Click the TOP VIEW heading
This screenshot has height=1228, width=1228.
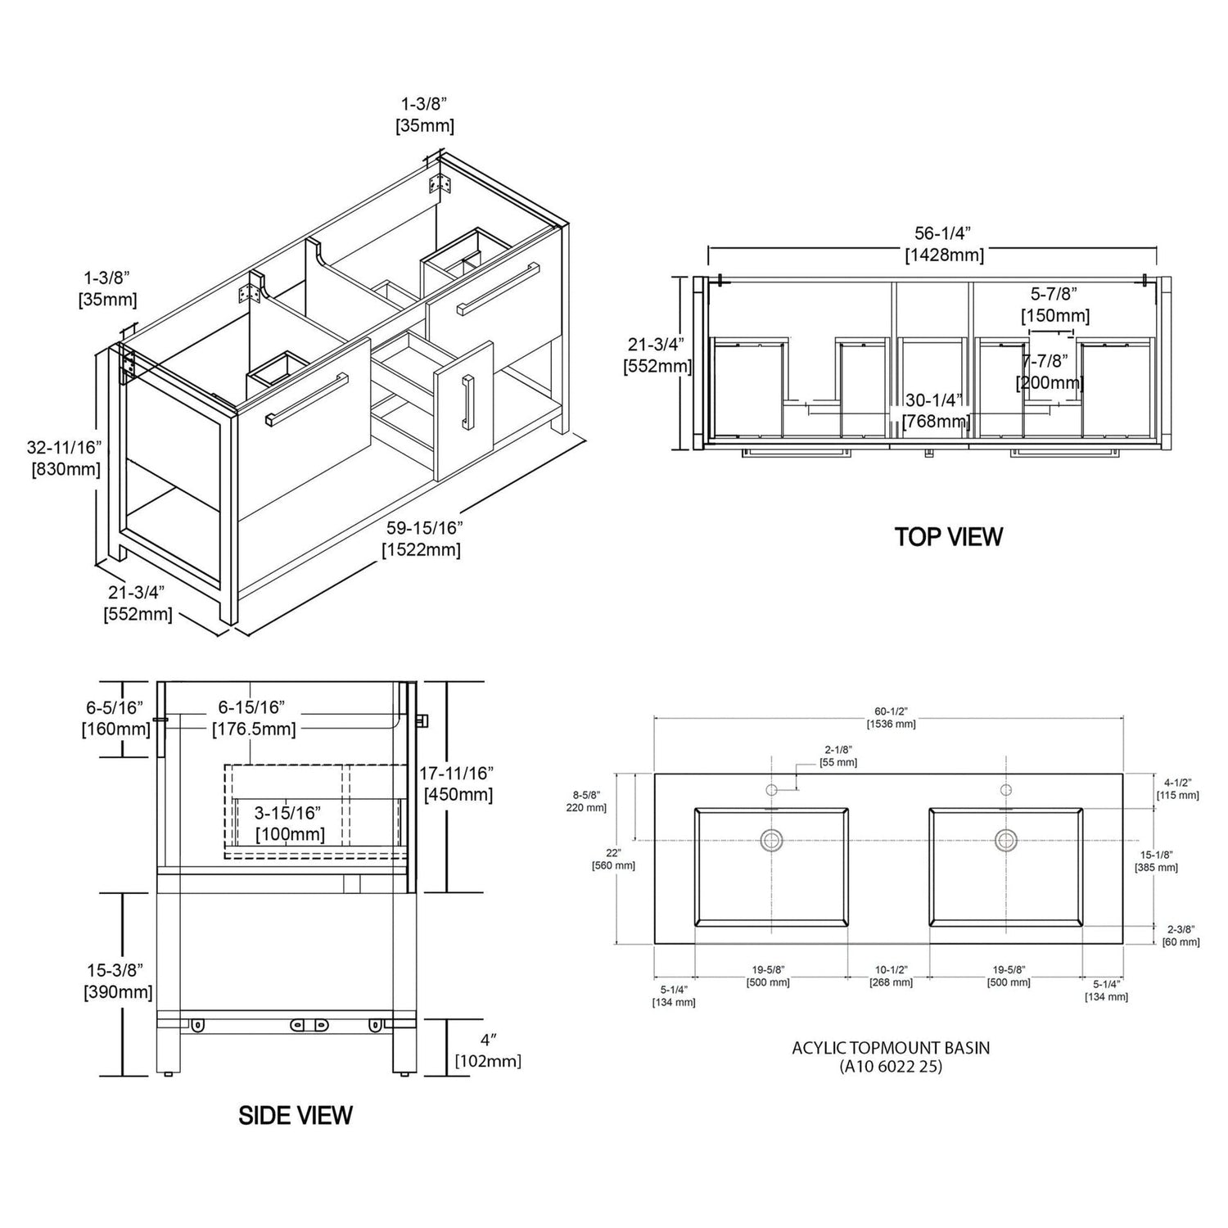tap(948, 537)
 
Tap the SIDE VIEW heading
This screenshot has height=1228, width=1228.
tap(296, 1115)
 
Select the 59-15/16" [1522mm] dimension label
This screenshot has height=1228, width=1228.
tap(422, 539)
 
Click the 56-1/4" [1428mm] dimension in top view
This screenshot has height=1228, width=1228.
tap(944, 244)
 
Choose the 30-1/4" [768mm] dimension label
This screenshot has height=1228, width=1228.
tap(937, 411)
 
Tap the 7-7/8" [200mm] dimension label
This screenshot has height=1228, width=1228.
tap(1050, 372)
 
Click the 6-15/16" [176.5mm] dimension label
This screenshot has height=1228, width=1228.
tap(254, 718)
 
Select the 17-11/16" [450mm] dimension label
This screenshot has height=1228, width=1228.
tap(458, 783)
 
